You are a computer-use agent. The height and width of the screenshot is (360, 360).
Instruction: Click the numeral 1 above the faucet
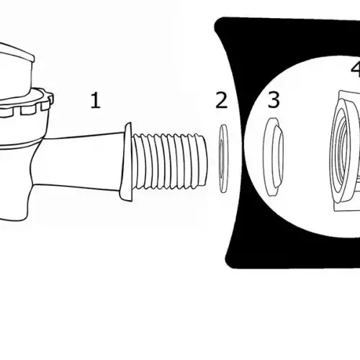(x=96, y=101)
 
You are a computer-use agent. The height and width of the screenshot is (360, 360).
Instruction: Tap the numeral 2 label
(x=221, y=100)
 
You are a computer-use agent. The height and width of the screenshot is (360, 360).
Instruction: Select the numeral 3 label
(x=274, y=99)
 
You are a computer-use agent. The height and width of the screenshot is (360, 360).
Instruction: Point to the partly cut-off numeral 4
(x=356, y=69)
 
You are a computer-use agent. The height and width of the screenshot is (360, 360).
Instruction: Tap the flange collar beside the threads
(x=126, y=162)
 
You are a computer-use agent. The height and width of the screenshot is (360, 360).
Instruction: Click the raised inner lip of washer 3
(x=279, y=156)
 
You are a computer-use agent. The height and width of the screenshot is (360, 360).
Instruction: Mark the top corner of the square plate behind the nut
(x=341, y=91)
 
